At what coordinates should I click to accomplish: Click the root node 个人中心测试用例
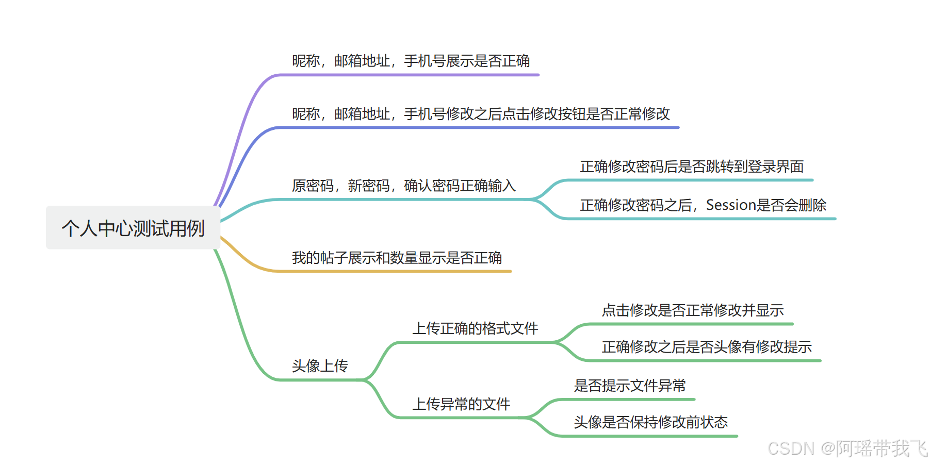pos(133,228)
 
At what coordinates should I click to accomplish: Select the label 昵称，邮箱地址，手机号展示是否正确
pos(411,61)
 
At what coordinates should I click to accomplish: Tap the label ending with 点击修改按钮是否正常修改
pos(481,113)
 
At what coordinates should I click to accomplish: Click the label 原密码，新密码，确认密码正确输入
pos(403,186)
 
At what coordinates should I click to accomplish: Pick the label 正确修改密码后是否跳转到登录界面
pos(692,167)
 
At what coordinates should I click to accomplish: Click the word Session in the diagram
pos(731,205)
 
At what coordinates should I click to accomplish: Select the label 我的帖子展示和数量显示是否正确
pos(397,257)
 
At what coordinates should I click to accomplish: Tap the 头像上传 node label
pos(320,366)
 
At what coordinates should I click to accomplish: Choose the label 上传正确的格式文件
pos(475,328)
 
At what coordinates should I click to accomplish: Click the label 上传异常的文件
pos(461,404)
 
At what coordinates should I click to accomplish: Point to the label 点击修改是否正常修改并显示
pos(693,310)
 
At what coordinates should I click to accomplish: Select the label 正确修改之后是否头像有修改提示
pos(707,347)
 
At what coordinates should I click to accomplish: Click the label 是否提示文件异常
pos(630,386)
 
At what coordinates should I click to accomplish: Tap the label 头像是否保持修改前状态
pos(650,422)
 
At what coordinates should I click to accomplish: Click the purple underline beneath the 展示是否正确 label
pos(413,75)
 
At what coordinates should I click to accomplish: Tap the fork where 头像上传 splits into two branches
pos(365,380)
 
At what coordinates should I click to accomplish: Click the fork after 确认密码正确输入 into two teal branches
pos(534,199)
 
